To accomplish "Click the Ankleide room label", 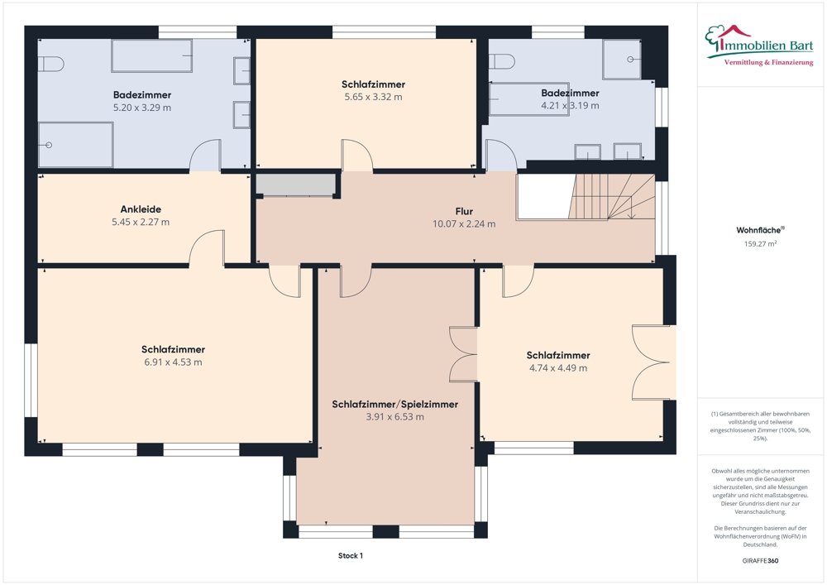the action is pyautogui.click(x=141, y=209).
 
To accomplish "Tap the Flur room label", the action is pyautogui.click(x=464, y=212).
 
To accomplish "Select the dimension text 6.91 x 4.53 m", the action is pyautogui.click(x=173, y=362).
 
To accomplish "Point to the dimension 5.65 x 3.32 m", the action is pyautogui.click(x=374, y=97).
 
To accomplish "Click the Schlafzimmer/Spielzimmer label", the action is pyautogui.click(x=395, y=405).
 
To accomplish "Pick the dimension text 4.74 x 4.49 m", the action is pyautogui.click(x=558, y=368).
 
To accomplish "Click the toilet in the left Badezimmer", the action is pyautogui.click(x=51, y=65).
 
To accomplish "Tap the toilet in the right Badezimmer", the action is pyautogui.click(x=502, y=62).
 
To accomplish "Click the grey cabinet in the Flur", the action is pyautogui.click(x=295, y=185).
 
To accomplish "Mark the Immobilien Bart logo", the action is pyautogui.click(x=759, y=46).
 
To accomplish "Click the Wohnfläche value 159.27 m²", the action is pyautogui.click(x=760, y=244).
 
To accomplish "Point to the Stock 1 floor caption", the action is pyautogui.click(x=351, y=555).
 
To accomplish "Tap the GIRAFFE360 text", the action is pyautogui.click(x=760, y=561).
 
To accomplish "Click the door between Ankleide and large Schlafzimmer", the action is pyautogui.click(x=207, y=248).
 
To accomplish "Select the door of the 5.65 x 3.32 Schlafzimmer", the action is pyautogui.click(x=357, y=155).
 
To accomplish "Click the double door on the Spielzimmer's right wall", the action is pyautogui.click(x=463, y=354).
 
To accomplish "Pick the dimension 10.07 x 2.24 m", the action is pyautogui.click(x=464, y=224).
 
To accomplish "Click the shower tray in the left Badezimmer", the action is pyautogui.click(x=76, y=145).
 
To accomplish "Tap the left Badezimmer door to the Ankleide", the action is pyautogui.click(x=205, y=155).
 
